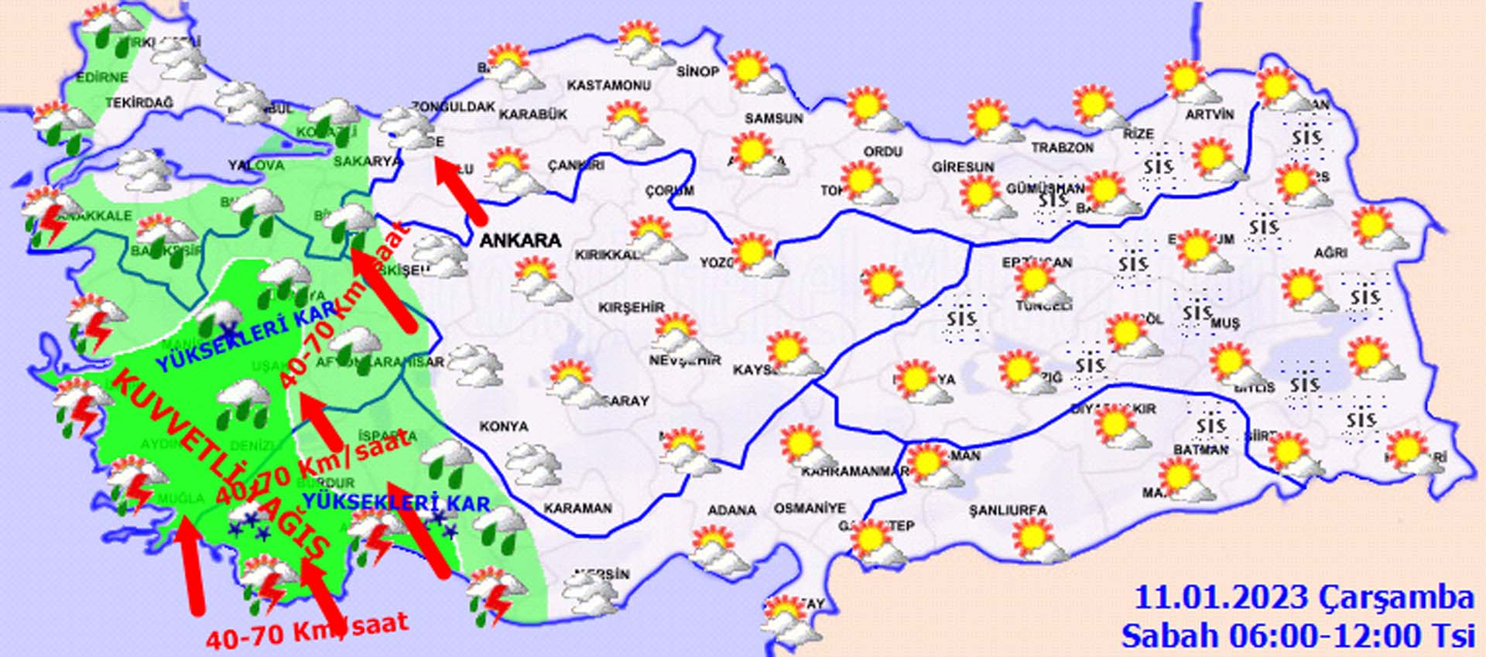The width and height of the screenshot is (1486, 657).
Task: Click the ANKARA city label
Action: click(520, 240)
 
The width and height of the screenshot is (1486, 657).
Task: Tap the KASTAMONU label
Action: click(608, 85)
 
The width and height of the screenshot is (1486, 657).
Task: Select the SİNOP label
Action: click(697, 72)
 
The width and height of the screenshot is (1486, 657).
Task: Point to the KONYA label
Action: click(504, 426)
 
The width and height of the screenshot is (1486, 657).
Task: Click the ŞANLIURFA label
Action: click(1008, 511)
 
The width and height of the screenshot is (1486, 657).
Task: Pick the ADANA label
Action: click(731, 511)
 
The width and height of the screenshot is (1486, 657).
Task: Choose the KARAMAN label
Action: click(577, 508)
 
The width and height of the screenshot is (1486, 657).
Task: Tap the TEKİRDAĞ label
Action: click(139, 103)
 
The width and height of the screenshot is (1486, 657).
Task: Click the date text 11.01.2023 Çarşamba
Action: click(1303, 598)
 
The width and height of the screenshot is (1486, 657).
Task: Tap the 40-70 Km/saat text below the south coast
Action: click(306, 631)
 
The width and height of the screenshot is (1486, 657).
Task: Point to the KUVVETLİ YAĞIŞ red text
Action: click(221, 464)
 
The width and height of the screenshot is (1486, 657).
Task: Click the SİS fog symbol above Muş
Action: click(1197, 313)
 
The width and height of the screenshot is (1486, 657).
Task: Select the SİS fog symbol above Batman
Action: click(1210, 425)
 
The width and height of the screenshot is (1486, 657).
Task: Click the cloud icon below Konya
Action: click(533, 464)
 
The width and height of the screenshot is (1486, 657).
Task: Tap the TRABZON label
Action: click(1062, 147)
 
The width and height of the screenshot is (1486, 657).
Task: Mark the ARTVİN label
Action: click(1209, 115)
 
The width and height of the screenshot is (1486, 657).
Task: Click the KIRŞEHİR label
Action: click(632, 307)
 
